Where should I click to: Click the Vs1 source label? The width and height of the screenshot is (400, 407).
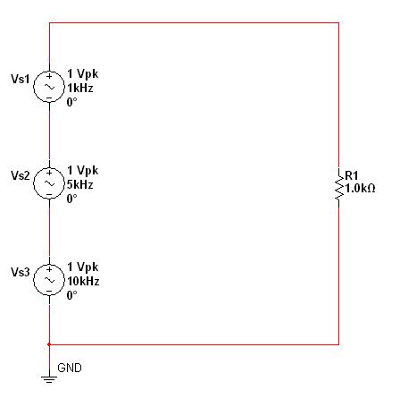21,79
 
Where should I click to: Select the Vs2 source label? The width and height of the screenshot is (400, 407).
21,175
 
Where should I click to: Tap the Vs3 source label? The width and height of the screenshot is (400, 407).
21,272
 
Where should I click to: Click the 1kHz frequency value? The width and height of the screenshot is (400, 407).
80,88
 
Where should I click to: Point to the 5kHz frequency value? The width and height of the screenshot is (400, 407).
80,184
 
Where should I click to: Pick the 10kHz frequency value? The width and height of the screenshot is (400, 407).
83,281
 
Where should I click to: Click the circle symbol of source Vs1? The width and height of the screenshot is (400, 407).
34,87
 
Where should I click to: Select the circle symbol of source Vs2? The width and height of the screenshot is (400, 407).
34,183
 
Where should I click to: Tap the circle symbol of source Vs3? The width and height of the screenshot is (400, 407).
34,280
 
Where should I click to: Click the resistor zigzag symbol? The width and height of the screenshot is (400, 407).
339,183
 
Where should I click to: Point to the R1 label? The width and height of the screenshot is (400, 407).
351,175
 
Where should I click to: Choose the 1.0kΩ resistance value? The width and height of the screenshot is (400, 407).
360,189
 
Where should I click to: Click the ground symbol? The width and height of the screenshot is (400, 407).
49,379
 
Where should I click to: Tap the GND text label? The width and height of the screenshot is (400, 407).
70,368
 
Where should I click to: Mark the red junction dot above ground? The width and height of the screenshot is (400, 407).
49,344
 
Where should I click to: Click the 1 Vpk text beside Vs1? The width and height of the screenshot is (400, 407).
82,73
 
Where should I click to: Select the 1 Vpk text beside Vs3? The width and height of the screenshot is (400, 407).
82,267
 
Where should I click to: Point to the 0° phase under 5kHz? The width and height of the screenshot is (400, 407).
71,199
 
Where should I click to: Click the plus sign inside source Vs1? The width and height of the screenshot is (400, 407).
49,76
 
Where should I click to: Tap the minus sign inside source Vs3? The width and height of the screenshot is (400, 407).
49,291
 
